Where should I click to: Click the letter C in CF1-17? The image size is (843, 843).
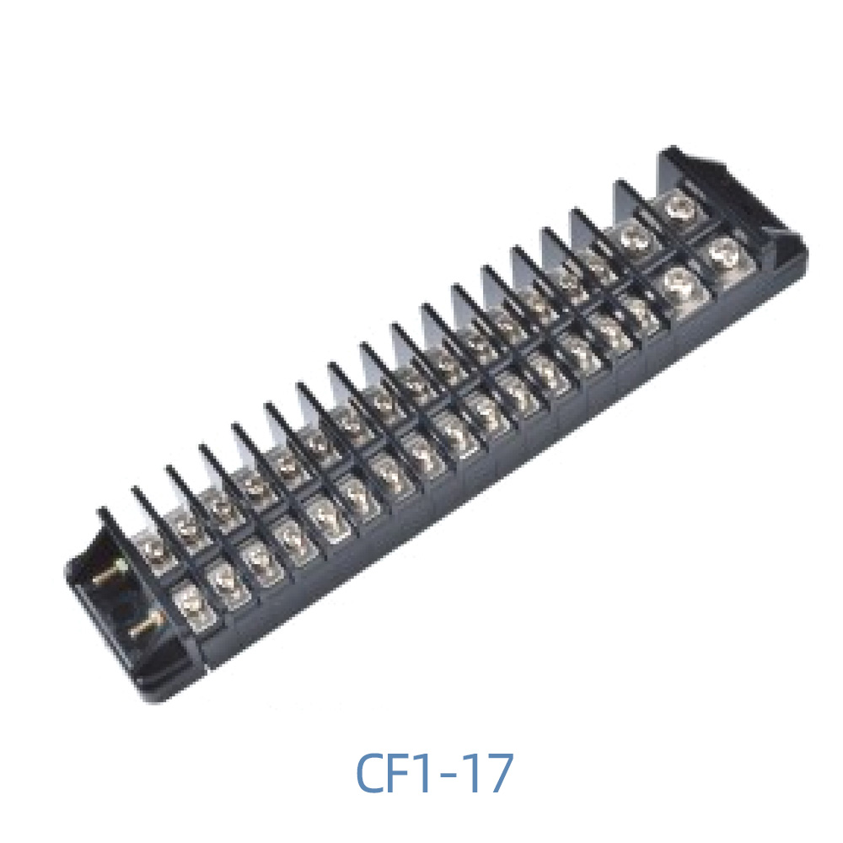coord(372,773)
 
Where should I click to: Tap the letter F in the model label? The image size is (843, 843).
coord(402,773)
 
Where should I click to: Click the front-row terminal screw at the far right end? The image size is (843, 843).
coord(723,250)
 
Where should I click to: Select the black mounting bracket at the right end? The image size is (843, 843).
coord(733,194)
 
